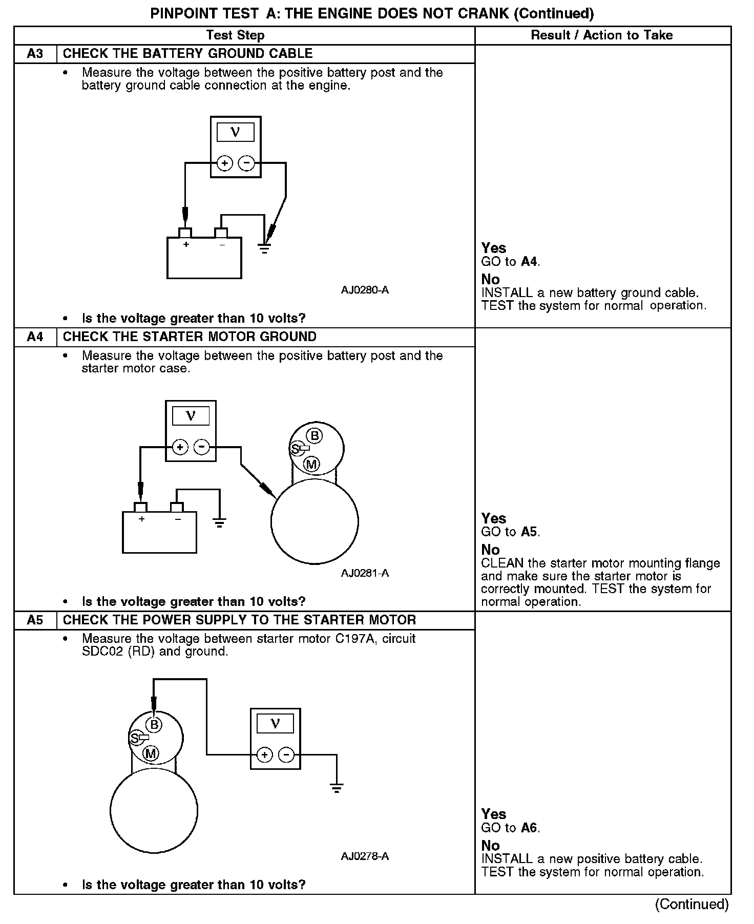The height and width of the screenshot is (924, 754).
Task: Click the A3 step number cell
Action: [35, 54]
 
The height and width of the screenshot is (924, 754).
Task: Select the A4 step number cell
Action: [35, 337]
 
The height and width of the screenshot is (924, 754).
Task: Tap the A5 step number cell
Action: [35, 620]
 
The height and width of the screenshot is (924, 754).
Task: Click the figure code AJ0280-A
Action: [365, 290]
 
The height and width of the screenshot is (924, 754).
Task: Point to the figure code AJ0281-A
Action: [365, 573]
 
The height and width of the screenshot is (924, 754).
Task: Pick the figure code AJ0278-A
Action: [365, 856]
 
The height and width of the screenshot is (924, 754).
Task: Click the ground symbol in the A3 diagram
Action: [264, 250]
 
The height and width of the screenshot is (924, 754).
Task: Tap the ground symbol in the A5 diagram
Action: [337, 788]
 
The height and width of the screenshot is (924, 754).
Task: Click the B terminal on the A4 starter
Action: [315, 436]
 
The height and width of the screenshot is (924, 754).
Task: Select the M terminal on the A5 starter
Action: [151, 753]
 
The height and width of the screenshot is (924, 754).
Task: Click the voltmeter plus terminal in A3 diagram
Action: [224, 163]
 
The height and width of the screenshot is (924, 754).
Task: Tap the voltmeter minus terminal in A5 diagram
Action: [286, 754]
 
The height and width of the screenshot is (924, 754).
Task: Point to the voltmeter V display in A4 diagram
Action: [191, 416]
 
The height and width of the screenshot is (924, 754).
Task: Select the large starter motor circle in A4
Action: [315, 522]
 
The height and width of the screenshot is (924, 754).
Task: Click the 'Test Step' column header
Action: [235, 35]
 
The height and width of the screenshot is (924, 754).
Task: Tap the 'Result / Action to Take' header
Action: [602, 35]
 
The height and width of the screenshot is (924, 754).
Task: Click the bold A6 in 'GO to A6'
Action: [530, 828]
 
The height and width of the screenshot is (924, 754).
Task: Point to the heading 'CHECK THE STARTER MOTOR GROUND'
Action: [190, 337]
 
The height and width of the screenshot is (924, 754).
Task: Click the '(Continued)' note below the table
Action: [692, 905]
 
